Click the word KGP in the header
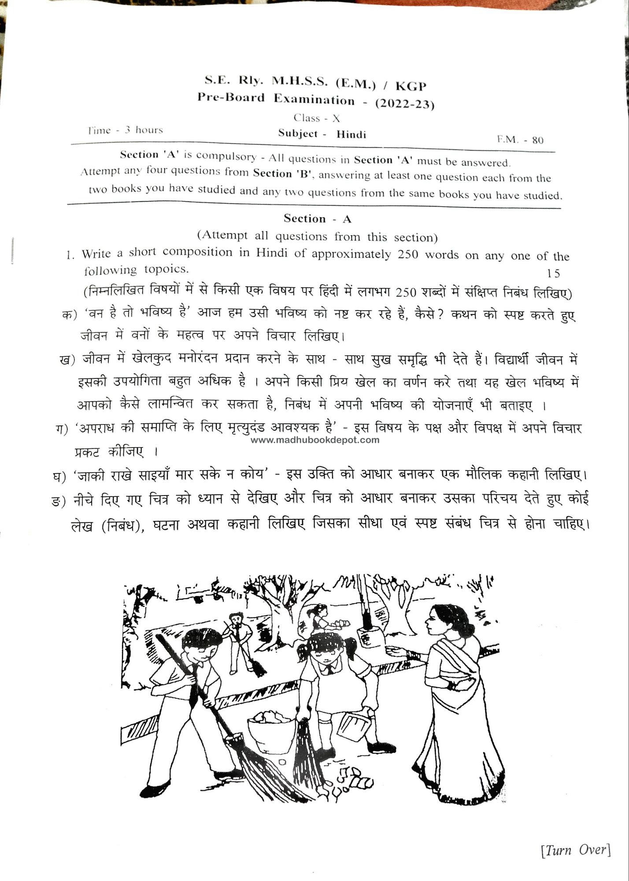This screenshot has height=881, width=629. [x=411, y=86]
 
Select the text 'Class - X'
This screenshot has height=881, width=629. [x=317, y=118]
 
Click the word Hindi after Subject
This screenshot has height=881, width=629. [x=351, y=134]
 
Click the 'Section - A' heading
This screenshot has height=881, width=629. [x=317, y=219]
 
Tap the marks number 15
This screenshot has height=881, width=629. [x=553, y=274]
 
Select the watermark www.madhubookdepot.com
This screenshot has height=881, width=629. [x=315, y=440]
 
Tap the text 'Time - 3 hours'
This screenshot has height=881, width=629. [x=125, y=130]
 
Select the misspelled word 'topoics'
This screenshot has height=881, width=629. [x=166, y=269]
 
